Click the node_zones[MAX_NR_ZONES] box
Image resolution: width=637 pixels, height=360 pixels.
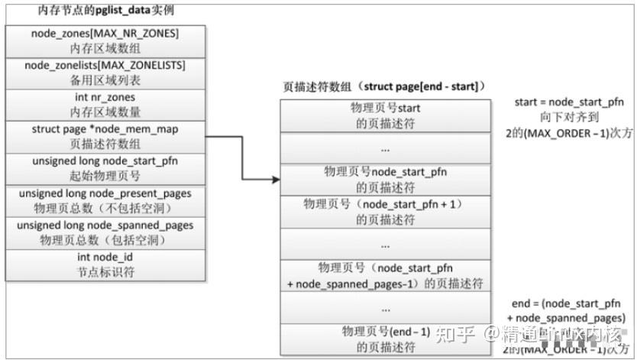pos(105,41)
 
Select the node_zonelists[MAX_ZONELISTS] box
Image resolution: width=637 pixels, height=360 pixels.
pos(105,73)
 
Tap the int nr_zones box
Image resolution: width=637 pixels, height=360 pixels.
pos(105,105)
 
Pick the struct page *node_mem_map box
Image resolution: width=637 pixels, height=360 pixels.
pos(105,137)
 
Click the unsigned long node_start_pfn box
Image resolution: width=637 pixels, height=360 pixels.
pos(105,169)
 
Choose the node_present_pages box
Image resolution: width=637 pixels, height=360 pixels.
pos(105,201)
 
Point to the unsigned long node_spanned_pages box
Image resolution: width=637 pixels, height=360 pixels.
pos(105,233)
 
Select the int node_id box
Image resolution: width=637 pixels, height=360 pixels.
pos(105,265)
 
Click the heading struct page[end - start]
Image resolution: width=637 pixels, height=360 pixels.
pos(385,87)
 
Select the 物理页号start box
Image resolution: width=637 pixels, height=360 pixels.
pos(385,115)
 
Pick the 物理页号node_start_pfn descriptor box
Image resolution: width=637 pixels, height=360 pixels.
pos(385,180)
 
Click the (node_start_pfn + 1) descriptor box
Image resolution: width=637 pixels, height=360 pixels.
pos(385,212)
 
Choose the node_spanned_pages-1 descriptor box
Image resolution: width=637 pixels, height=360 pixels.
pos(385,275)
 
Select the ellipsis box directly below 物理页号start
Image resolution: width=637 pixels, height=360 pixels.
pos(385,148)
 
